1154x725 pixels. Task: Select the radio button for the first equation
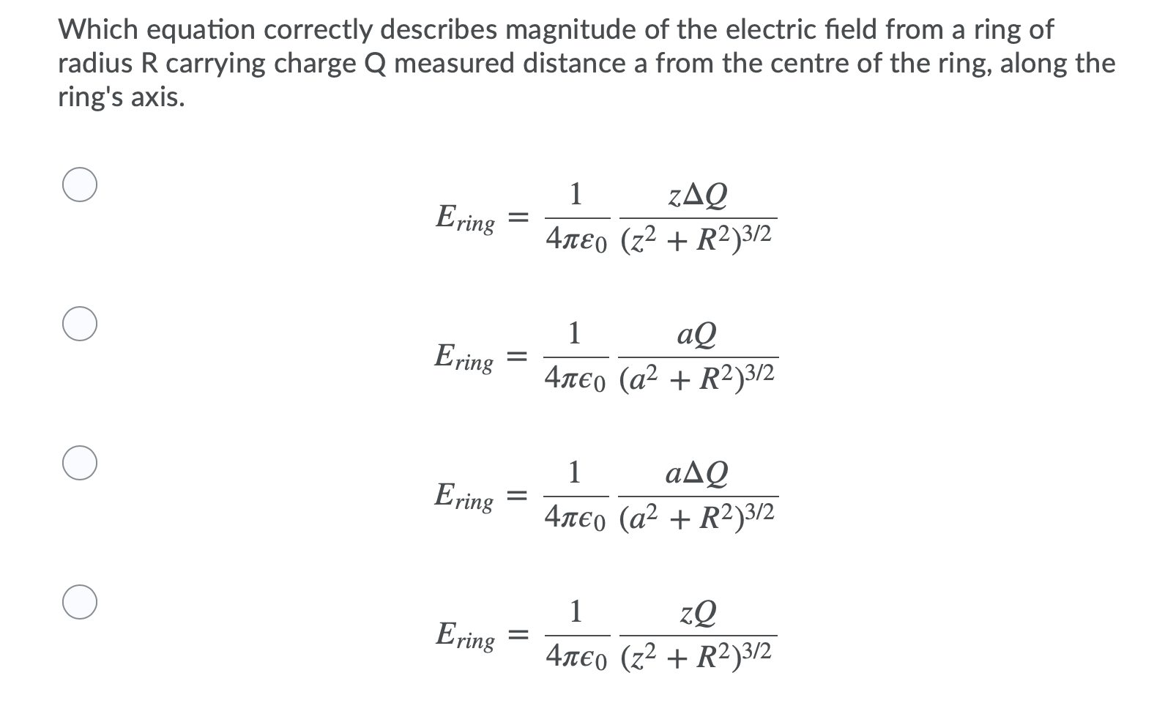coord(80,185)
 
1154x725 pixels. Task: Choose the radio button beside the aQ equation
coord(80,324)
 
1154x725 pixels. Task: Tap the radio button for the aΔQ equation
coord(80,463)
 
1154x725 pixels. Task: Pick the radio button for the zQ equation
coord(80,602)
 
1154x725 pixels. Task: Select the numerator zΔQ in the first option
coord(699,195)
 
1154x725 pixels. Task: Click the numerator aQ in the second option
coord(697,335)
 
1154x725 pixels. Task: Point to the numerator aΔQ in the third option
coord(697,474)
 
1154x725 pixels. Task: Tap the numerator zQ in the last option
coord(699,613)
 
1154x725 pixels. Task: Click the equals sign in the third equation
coord(518,497)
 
